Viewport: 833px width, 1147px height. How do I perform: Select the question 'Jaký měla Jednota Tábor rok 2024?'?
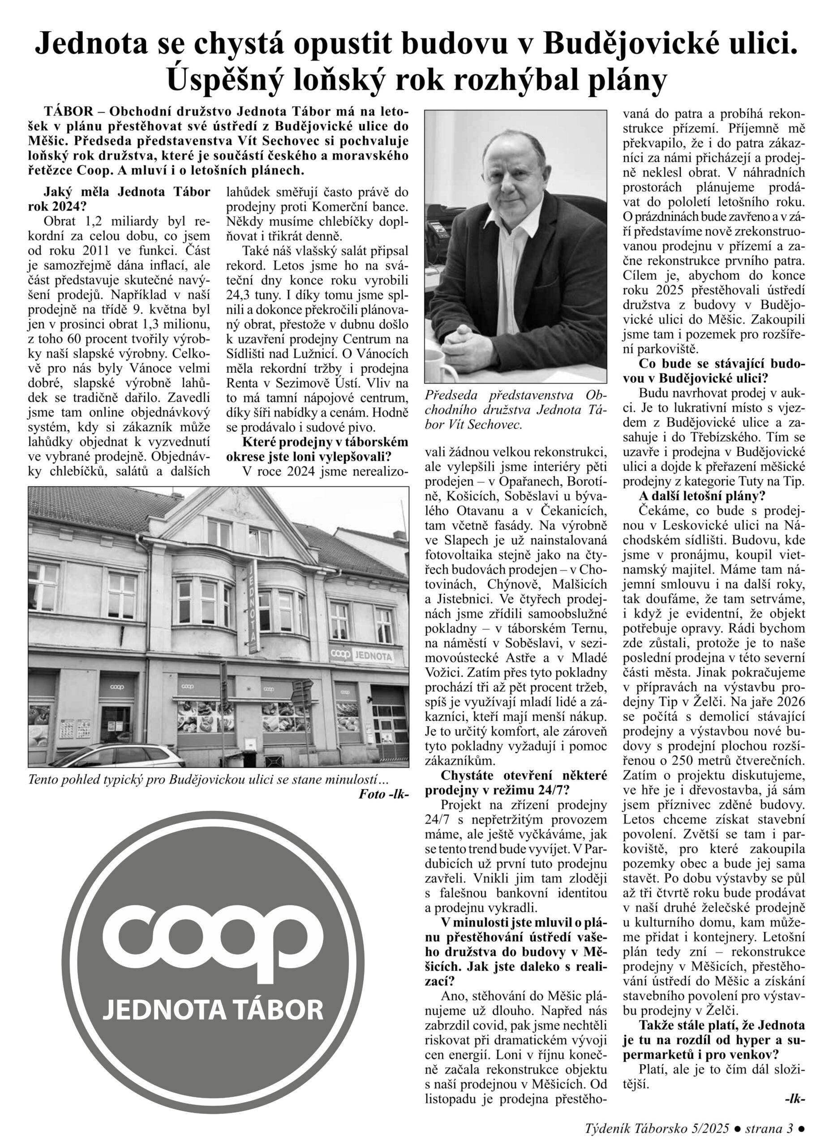tap(119, 199)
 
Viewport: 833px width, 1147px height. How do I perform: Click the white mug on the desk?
tap(435, 365)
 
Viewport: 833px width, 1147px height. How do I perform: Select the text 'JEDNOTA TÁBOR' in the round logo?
tap(213, 1009)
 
